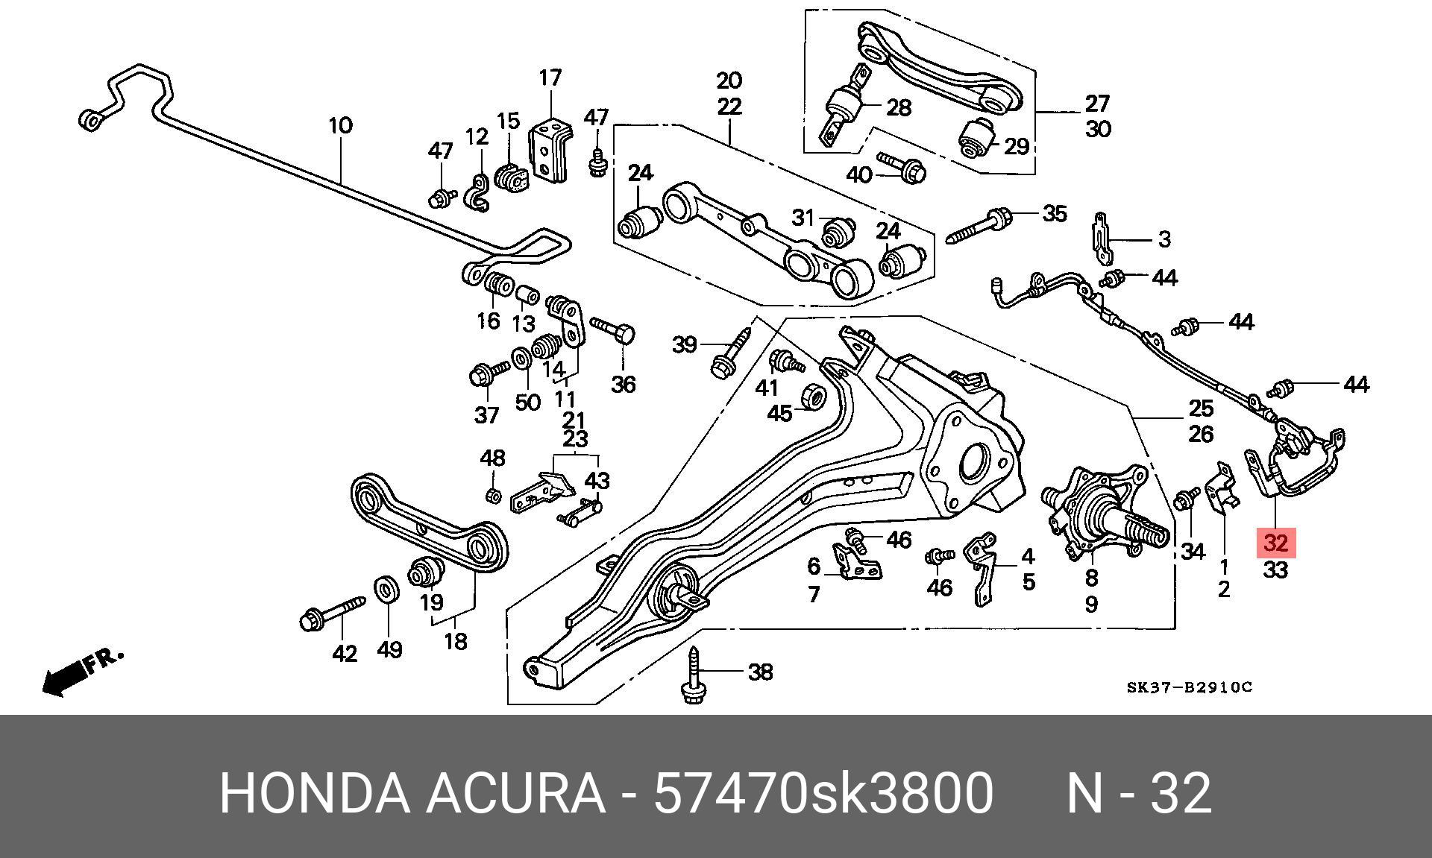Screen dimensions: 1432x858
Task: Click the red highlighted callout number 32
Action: click(x=1276, y=543)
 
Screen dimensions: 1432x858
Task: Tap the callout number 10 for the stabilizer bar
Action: click(x=340, y=124)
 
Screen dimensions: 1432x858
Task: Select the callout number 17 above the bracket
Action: click(x=550, y=78)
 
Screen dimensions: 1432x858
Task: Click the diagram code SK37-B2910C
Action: click(x=1189, y=687)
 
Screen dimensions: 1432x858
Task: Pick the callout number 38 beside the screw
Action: click(x=759, y=672)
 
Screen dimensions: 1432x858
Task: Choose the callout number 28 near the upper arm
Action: click(x=899, y=107)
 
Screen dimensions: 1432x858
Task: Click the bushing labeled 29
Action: click(x=977, y=139)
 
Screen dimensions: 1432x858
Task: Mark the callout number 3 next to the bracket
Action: click(x=1163, y=239)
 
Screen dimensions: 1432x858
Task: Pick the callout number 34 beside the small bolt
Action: click(x=1193, y=552)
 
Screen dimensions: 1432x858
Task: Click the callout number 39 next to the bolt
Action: click(x=684, y=344)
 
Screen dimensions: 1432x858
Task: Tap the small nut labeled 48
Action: click(x=492, y=494)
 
